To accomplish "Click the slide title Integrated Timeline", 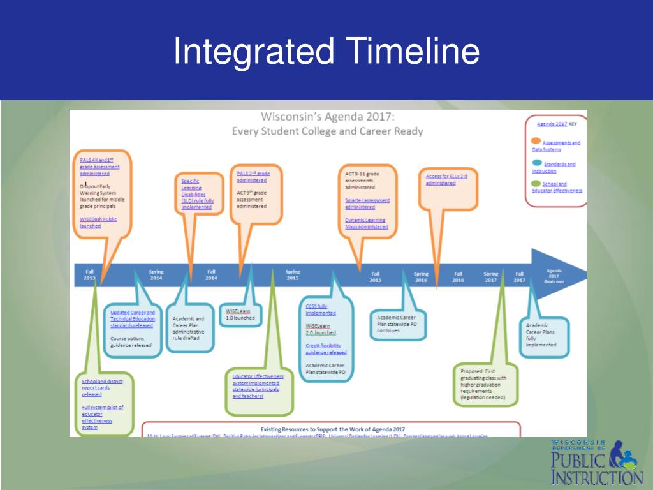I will (x=326, y=52).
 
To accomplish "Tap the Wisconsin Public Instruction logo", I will (x=597, y=463).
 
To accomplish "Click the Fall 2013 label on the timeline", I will (x=89, y=274).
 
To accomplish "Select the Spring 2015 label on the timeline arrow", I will (x=292, y=274).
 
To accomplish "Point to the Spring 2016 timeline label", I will (x=421, y=277).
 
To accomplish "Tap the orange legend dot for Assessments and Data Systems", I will (x=536, y=141).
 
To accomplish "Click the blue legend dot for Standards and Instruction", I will (x=536, y=163).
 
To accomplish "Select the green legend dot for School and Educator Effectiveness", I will (x=536, y=183).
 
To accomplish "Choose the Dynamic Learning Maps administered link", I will (x=366, y=223).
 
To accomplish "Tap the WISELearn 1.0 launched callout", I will (x=240, y=314).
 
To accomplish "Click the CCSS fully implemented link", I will (x=320, y=309).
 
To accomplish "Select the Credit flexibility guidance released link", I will (x=326, y=349).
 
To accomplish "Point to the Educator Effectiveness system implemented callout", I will (x=258, y=386).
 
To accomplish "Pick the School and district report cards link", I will (x=102, y=387).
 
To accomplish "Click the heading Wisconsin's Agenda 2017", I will (x=328, y=117).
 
